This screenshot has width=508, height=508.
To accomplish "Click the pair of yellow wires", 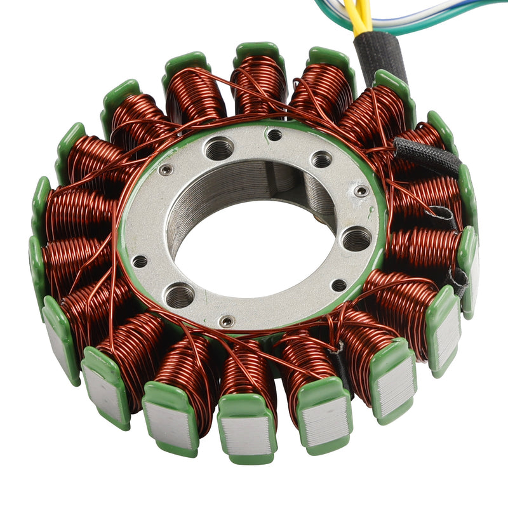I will click(x=360, y=16).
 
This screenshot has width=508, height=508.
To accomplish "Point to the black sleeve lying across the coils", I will click(x=427, y=156).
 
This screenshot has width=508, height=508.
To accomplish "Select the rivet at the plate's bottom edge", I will click(x=227, y=322).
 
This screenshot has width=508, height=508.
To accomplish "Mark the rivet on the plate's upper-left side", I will click(x=166, y=170).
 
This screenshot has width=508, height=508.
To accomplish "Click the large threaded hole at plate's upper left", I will click(x=219, y=150).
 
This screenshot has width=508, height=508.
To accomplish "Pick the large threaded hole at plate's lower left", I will click(x=179, y=295).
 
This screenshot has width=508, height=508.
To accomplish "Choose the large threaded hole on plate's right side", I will click(x=356, y=239).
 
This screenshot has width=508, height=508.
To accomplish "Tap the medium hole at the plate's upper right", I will click(x=321, y=159).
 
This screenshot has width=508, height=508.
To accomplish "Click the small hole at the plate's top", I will click(x=274, y=135).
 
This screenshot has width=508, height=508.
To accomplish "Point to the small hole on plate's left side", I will click(x=139, y=261).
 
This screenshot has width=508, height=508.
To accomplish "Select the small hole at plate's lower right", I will click(x=339, y=285).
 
